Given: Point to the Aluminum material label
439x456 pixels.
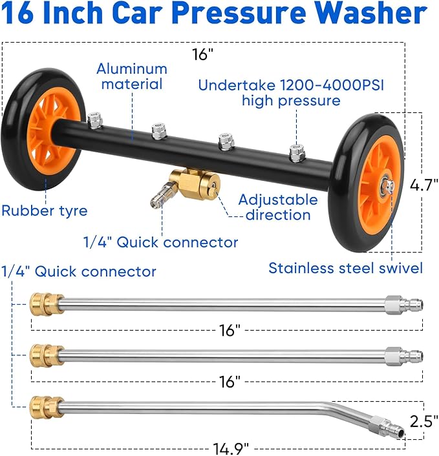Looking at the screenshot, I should coord(133,76).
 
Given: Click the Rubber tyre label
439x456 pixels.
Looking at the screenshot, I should coord(44,210).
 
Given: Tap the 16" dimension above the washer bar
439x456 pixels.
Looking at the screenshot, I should coord(202,55).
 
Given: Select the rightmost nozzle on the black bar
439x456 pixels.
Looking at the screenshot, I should coord(297,152).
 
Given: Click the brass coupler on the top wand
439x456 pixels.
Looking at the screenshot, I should coord(46,304).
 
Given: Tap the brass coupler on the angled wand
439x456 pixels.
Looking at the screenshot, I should coord(46,407).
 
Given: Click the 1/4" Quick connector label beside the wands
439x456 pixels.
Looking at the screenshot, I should coord(78,271).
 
